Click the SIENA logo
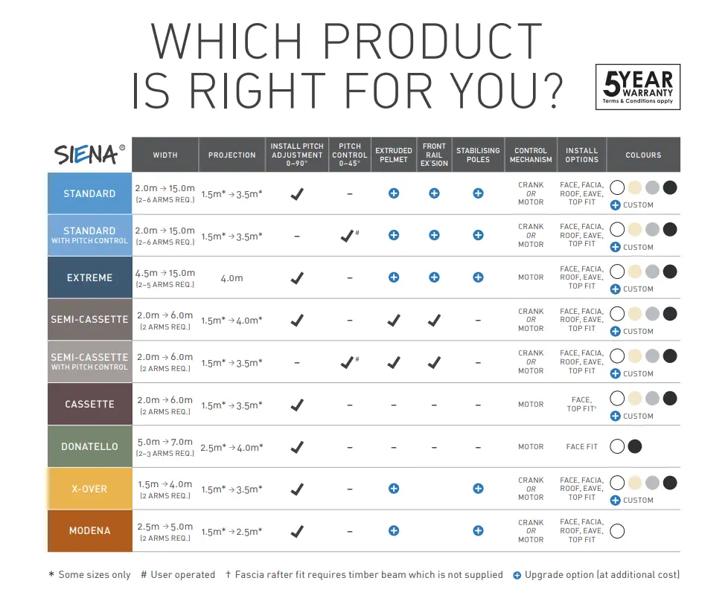[x=89, y=155]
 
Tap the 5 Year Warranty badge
[x=637, y=87]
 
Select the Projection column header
[x=232, y=155]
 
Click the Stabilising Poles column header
[x=478, y=155]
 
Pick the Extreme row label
[x=89, y=277]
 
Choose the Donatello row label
[x=89, y=446]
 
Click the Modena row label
[x=89, y=531]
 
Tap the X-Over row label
[x=89, y=489]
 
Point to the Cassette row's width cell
[x=165, y=405]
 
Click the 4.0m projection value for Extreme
[x=232, y=278]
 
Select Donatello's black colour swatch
[x=635, y=446]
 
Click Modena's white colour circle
[x=617, y=531]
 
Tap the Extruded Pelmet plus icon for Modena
[x=394, y=530]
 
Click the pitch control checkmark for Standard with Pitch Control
[x=347, y=237]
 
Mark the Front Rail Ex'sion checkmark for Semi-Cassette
[x=434, y=321]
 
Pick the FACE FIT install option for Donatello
[x=582, y=446]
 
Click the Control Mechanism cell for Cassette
[x=531, y=404]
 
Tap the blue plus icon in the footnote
[x=517, y=576]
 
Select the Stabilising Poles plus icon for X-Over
[x=478, y=488]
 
